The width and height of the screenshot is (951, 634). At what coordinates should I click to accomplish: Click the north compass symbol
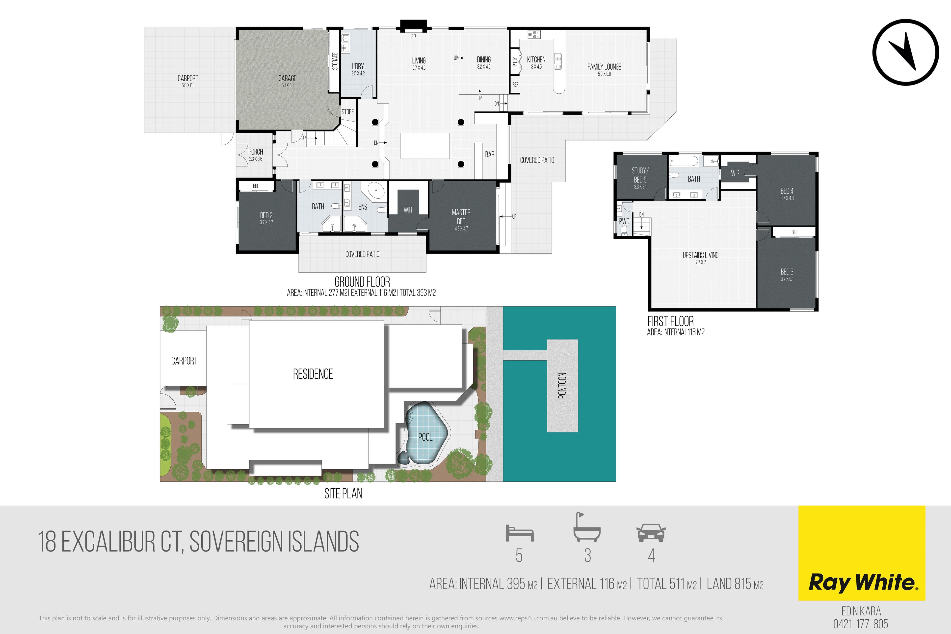tap(906, 52)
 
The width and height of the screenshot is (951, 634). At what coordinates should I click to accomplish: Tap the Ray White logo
tap(862, 553)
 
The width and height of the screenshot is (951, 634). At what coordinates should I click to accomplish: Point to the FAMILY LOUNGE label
tap(604, 67)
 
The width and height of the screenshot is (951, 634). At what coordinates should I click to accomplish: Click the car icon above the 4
tap(651, 533)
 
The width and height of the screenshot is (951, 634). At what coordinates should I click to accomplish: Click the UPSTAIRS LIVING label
tap(700, 255)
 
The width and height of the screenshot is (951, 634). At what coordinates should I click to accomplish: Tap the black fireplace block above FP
tap(413, 26)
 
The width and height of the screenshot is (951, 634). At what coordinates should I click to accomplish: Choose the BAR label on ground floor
tap(490, 155)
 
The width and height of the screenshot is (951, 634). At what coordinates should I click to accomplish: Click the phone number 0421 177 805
tap(861, 624)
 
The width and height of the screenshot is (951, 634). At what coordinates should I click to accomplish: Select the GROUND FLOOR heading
tap(362, 282)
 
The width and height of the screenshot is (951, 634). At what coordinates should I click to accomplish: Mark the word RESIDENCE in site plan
tap(313, 374)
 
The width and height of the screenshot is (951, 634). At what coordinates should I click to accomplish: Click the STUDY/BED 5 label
tap(640, 175)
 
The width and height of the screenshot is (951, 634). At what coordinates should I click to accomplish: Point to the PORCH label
tap(256, 152)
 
